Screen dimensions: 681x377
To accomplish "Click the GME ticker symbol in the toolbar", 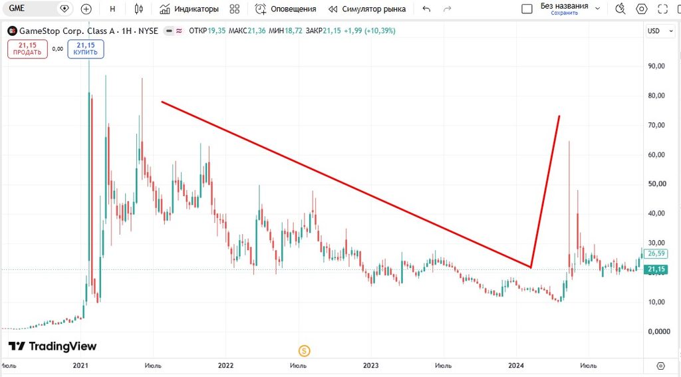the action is click(17, 8).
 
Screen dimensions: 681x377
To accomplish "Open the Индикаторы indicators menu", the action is click(189, 9).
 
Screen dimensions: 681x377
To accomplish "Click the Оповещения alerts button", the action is click(285, 9).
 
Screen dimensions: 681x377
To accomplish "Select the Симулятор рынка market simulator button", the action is click(367, 9).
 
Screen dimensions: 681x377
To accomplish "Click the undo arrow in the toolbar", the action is click(426, 9).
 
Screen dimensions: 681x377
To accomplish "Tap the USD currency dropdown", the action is click(660, 31).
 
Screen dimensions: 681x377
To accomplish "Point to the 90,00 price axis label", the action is click(656, 66).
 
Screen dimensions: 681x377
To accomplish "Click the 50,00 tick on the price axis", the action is click(656, 184).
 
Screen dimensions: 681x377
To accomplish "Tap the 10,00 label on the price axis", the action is click(656, 302).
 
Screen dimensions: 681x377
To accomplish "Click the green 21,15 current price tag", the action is click(656, 270).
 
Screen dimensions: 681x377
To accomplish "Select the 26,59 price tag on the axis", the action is click(656, 253).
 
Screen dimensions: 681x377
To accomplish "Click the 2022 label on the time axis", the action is click(226, 365).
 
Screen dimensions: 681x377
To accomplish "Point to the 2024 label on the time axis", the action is click(516, 365).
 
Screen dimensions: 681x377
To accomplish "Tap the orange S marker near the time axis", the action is click(304, 350).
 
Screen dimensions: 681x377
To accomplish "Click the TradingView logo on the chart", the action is click(53, 346).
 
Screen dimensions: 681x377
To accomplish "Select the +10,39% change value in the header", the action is click(380, 31).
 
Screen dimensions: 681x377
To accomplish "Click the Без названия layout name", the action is click(564, 6).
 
